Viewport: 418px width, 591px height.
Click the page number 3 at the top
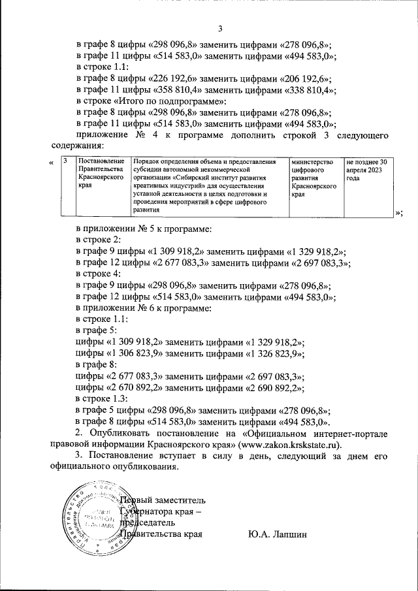pyautogui.click(x=219, y=28)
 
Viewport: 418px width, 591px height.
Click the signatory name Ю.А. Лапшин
pyautogui.click(x=278, y=534)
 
